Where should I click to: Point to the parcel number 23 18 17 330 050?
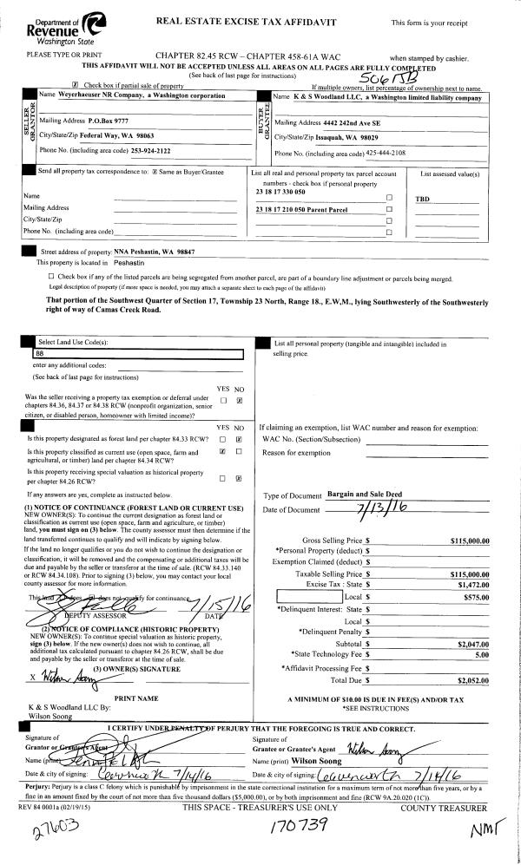pos(282,191)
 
